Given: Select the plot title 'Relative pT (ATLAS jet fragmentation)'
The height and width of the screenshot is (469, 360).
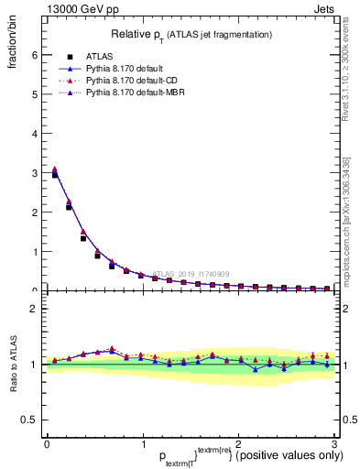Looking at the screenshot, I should (191, 34).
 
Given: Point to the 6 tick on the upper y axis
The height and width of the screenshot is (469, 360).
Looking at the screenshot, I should (34, 55).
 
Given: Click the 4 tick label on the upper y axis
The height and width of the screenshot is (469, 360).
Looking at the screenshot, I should (34, 134).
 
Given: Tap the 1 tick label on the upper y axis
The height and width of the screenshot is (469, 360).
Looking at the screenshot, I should (34, 252).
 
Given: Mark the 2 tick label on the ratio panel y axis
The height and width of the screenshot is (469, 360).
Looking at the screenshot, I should (34, 309).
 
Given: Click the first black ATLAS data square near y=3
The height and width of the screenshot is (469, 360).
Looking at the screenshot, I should (54, 174).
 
